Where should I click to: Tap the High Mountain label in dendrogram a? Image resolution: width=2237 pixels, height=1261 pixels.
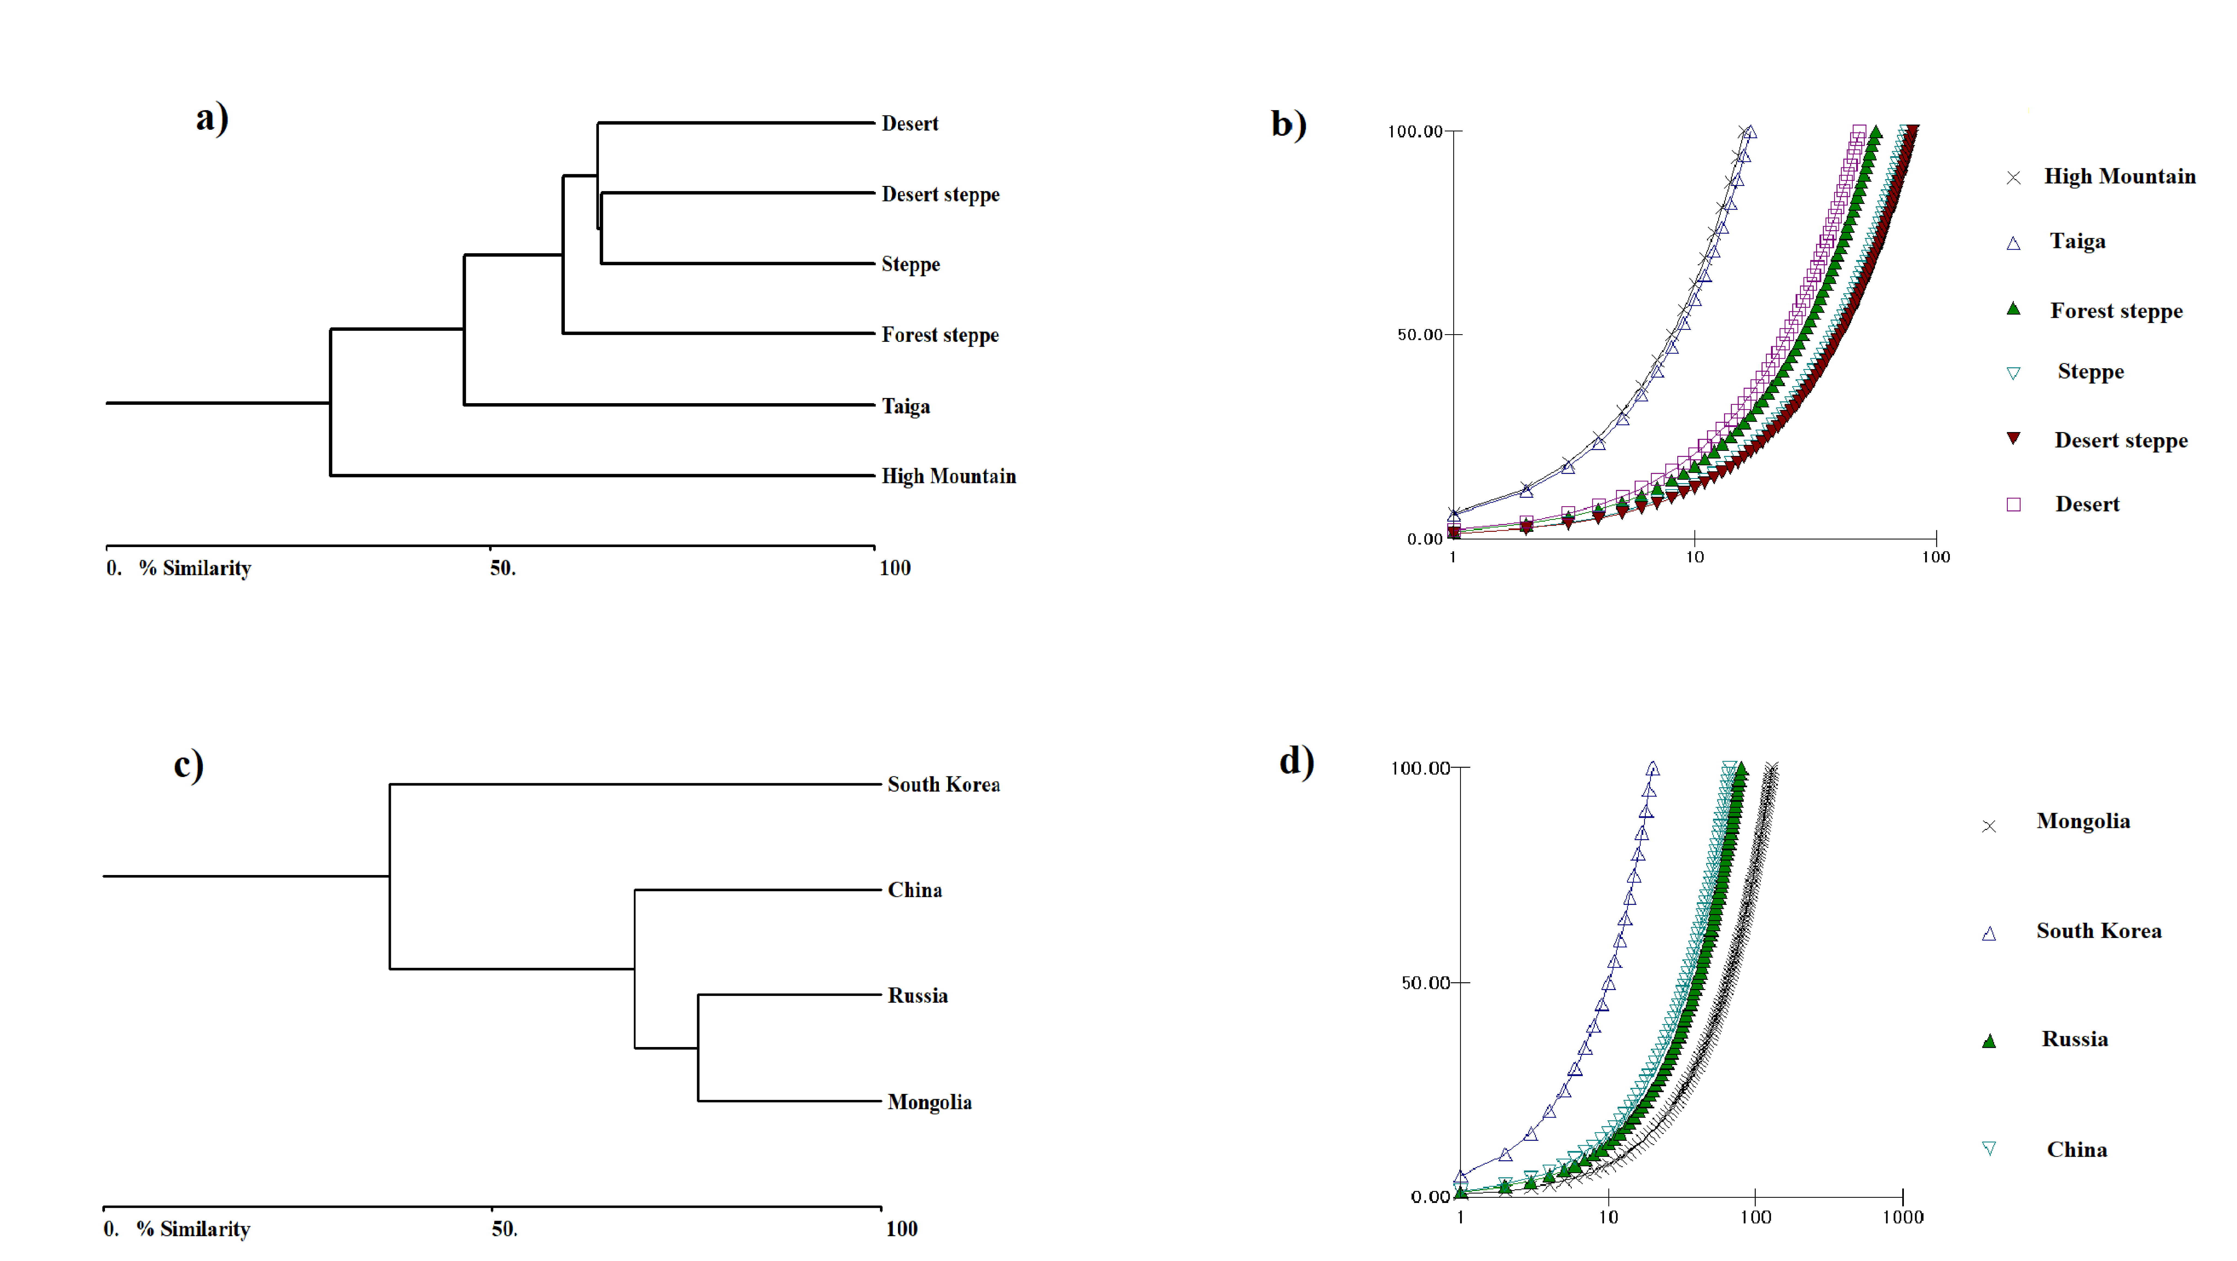tap(948, 476)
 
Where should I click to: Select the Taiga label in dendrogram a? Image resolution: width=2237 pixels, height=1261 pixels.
tap(906, 406)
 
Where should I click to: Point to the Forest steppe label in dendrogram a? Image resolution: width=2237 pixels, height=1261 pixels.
tap(940, 335)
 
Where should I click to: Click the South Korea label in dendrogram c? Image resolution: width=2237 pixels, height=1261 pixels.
tap(943, 784)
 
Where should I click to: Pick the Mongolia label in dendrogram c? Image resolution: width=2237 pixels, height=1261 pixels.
tap(929, 1102)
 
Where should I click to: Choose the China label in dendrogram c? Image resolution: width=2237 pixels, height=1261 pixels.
tap(914, 890)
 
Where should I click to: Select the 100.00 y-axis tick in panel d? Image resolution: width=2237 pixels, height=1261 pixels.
tap(1420, 768)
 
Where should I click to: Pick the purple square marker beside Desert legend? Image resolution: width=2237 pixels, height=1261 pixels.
tap(2013, 505)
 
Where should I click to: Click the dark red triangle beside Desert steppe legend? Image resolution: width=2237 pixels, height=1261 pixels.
tap(2013, 439)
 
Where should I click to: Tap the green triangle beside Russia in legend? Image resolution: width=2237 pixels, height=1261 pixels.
tap(1989, 1040)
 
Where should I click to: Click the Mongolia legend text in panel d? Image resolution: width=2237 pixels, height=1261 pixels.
tap(2083, 822)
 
